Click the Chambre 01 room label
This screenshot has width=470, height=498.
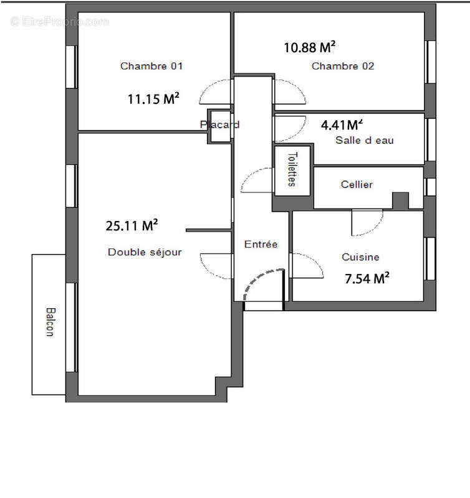pyautogui.click(x=151, y=66)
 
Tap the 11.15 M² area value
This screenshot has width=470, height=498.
pyautogui.click(x=154, y=98)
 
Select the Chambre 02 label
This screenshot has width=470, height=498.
pyautogui.click(x=343, y=66)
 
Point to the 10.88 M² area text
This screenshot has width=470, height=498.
pyautogui.click(x=310, y=47)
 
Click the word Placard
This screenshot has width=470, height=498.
pyautogui.click(x=219, y=125)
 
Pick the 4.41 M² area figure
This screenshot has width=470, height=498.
pyautogui.click(x=342, y=125)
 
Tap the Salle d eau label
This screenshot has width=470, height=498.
pyautogui.click(x=364, y=141)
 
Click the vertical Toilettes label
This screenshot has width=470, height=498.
pyautogui.click(x=291, y=169)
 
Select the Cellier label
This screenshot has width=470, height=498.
pyautogui.click(x=357, y=184)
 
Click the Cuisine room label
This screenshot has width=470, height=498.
pyautogui.click(x=360, y=257)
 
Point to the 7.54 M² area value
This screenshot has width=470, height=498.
pyautogui.click(x=367, y=279)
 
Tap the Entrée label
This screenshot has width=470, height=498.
pyautogui.click(x=261, y=245)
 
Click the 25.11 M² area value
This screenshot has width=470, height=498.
pyautogui.click(x=132, y=226)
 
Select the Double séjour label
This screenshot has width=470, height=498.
pyautogui.click(x=145, y=252)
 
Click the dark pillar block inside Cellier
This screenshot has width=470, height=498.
pyautogui.click(x=400, y=200)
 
